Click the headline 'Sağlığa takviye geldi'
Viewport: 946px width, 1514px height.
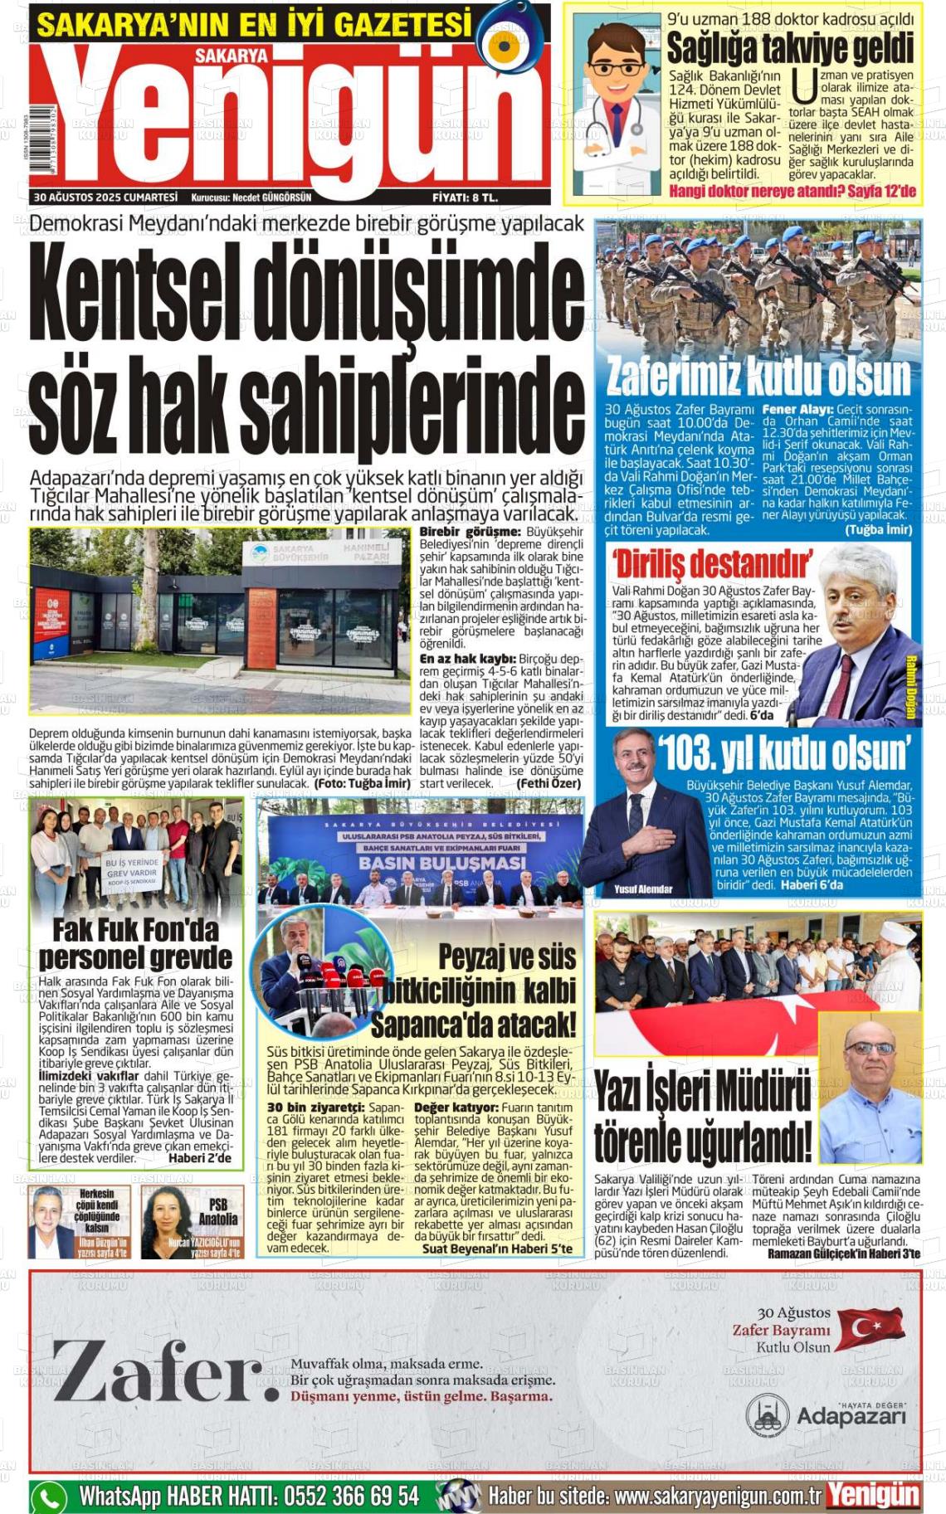[x=789, y=48]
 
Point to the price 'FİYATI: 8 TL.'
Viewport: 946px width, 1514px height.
[x=465, y=197]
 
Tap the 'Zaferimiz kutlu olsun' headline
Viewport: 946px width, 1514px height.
[x=758, y=376]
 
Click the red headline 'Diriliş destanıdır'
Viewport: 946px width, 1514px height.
[x=712, y=564]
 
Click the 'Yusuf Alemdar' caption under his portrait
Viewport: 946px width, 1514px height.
[x=643, y=889]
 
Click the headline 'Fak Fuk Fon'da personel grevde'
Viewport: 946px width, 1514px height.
[x=135, y=942]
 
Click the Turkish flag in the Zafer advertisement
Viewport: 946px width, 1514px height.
[x=869, y=1327]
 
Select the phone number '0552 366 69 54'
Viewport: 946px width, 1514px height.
[x=351, y=1497]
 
